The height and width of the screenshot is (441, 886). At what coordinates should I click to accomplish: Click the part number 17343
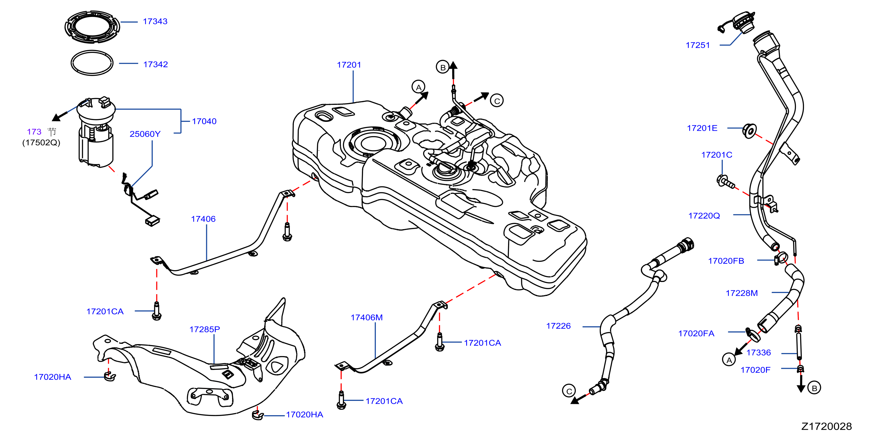[155, 21]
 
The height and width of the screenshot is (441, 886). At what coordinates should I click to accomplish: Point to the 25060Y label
[145, 134]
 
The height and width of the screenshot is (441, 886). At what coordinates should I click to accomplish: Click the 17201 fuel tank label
[349, 65]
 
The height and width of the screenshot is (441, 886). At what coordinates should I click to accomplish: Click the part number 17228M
[742, 293]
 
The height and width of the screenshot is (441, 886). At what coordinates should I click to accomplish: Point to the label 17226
[558, 326]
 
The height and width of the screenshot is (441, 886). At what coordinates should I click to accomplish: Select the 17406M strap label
[366, 317]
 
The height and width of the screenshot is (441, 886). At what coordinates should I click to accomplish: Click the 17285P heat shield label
[204, 329]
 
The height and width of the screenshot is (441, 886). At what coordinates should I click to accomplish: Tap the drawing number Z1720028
[827, 426]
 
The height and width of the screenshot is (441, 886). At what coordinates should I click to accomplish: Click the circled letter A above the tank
[418, 87]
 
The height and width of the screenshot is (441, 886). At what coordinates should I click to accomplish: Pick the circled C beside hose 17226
[569, 391]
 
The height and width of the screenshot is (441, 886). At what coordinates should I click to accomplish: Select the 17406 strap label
[203, 219]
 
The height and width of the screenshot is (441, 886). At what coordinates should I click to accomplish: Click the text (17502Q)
[41, 142]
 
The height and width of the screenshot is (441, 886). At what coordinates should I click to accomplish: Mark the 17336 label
[759, 353]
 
